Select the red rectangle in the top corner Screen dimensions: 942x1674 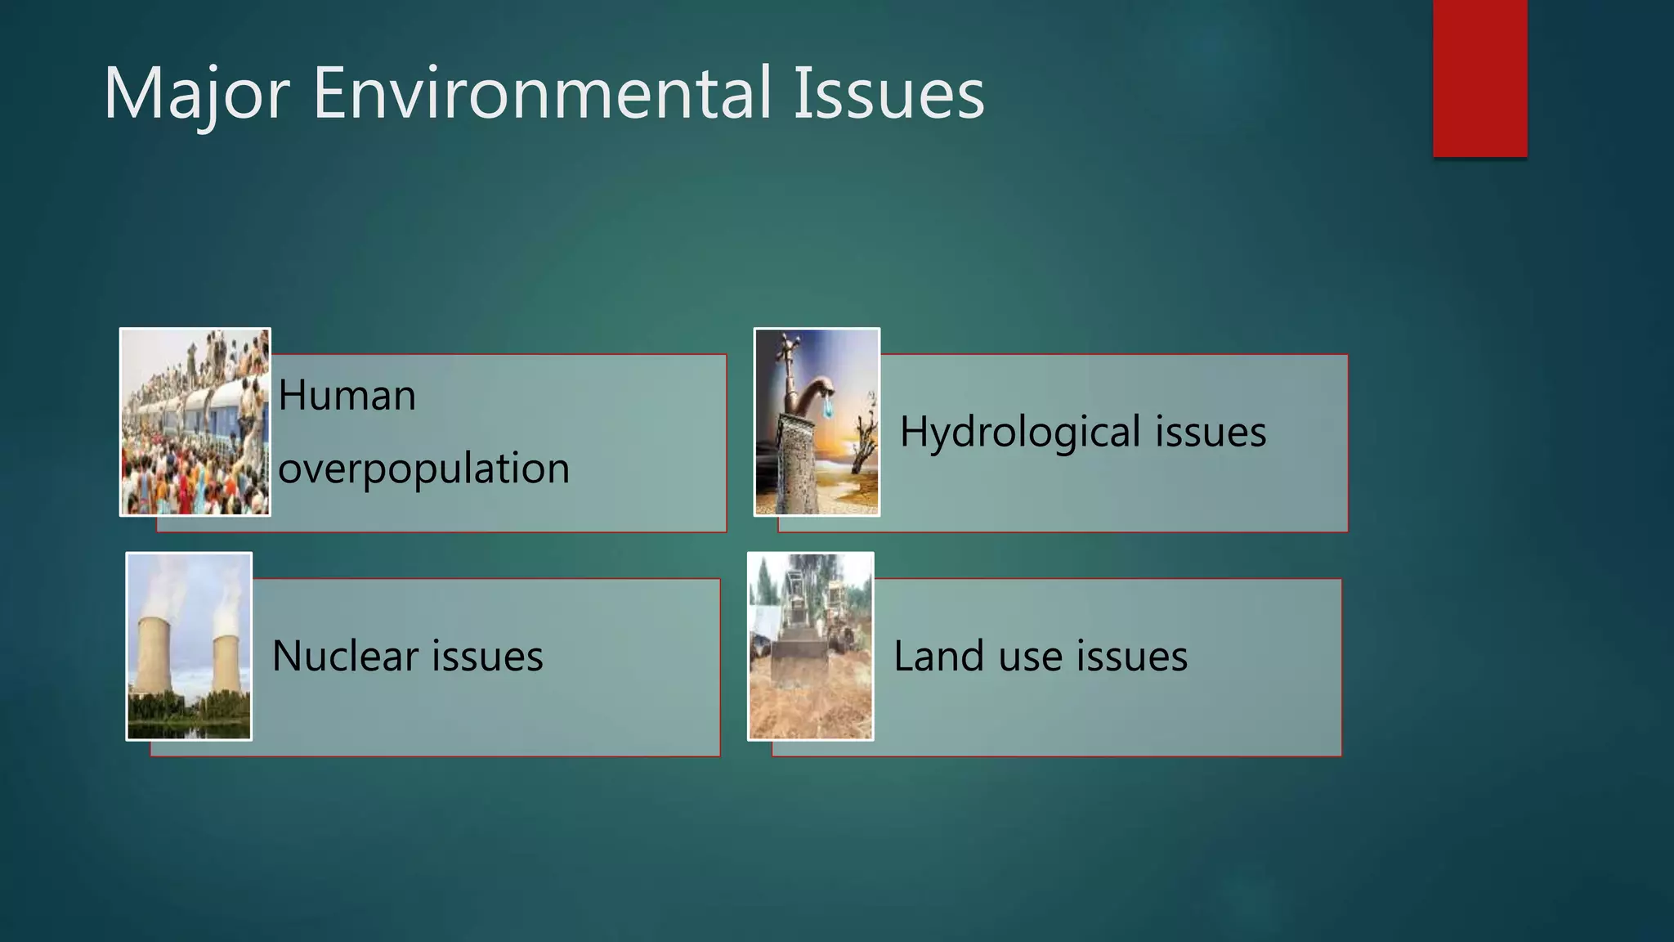(x=1479, y=78)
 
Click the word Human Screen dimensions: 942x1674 (x=347, y=396)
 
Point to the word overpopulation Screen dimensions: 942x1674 (x=423, y=469)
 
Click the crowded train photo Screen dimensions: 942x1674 (x=195, y=422)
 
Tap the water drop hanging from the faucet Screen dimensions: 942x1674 (x=829, y=408)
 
